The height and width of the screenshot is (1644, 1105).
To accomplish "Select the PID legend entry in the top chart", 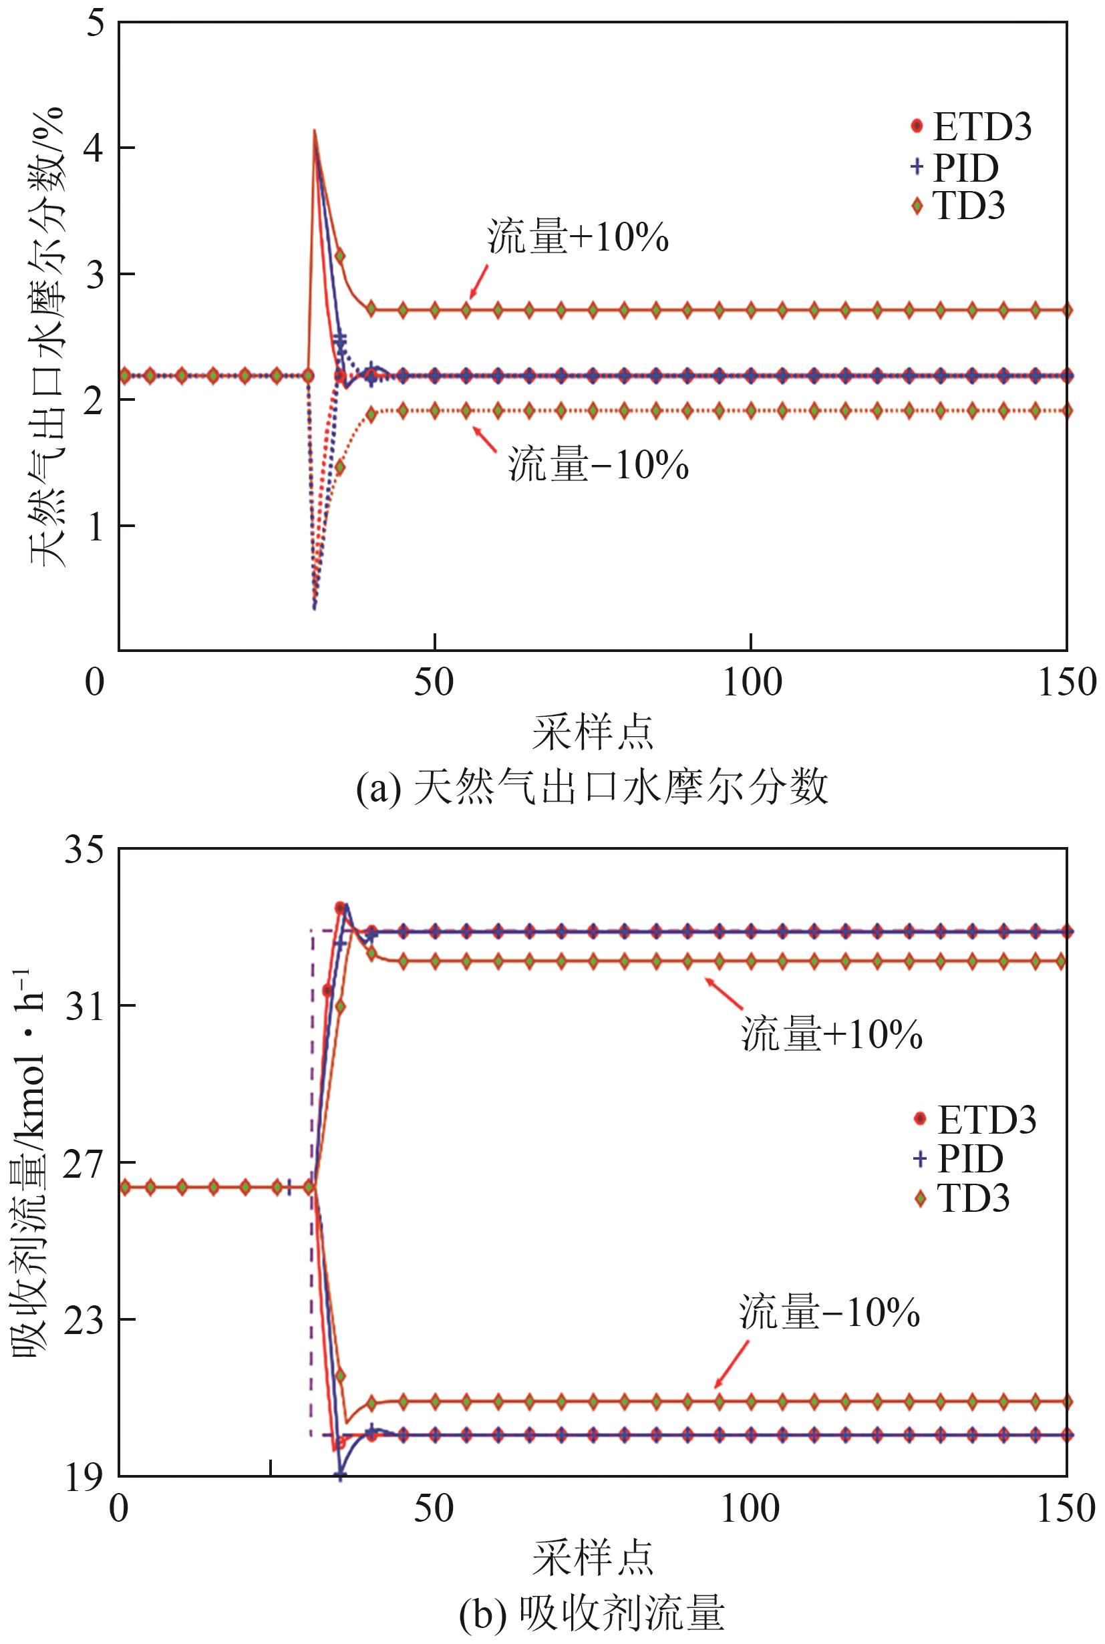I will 955,168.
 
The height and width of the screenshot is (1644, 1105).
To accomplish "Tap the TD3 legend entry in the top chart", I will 959,206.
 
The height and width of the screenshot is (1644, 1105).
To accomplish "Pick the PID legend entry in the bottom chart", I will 959,1158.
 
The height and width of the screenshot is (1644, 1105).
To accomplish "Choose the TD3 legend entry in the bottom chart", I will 963,1198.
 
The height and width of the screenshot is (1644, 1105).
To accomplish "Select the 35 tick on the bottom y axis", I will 83,850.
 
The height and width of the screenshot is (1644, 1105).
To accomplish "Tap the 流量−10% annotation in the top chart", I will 599,465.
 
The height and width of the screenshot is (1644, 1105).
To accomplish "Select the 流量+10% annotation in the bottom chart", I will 832,1035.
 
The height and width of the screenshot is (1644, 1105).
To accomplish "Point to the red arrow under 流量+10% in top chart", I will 478,282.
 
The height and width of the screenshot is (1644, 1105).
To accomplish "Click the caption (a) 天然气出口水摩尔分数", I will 592,788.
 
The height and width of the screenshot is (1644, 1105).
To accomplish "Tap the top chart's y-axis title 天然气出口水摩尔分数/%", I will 48,337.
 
